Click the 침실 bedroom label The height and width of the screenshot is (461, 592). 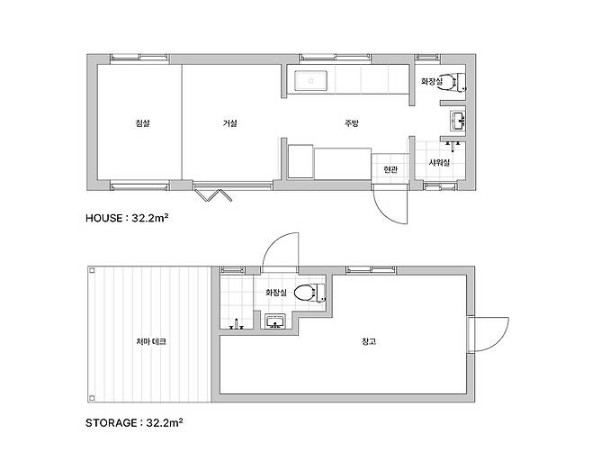[142, 123]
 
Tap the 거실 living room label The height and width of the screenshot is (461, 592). [230, 123]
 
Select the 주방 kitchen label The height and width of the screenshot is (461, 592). [351, 123]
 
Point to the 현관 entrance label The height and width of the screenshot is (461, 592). [390, 169]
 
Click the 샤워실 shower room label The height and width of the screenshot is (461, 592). [439, 163]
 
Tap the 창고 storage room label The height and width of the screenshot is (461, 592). [369, 341]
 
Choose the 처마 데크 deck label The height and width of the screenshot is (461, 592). [151, 341]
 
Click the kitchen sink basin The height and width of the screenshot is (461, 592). [310, 81]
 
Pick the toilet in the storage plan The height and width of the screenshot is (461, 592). [309, 294]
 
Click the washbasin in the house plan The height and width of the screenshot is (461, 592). [458, 122]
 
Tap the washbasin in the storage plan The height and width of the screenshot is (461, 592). [275, 322]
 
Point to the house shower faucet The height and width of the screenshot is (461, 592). [453, 145]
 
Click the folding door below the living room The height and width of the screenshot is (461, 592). [214, 195]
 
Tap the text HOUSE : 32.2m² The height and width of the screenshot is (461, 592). [127, 218]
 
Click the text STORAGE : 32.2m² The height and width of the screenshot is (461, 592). [134, 422]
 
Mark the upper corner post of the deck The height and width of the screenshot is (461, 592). [92, 270]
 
